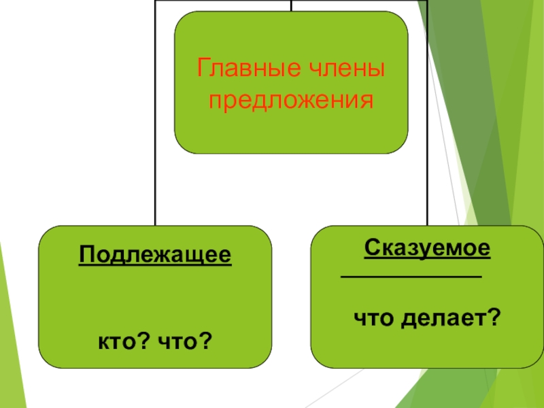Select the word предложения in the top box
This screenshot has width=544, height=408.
292,101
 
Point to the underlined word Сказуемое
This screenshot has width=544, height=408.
427,247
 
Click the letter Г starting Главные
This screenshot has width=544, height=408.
202,69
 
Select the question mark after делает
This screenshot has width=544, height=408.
494,316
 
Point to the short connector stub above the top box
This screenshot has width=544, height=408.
292,5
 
